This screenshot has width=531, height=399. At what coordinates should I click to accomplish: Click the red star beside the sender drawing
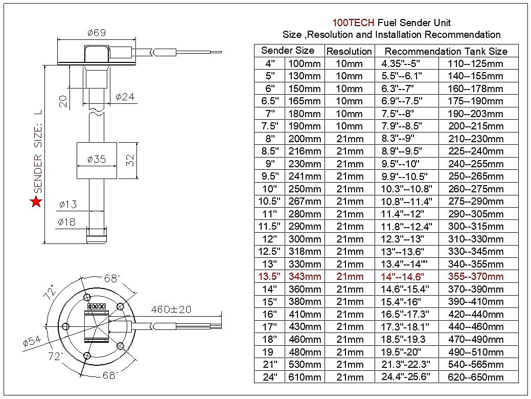[x=36, y=202]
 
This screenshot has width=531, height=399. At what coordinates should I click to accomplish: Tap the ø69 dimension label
[x=97, y=33]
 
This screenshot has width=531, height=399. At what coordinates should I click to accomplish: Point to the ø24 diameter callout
[x=125, y=97]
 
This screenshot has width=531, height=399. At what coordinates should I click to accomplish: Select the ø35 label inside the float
[x=96, y=159]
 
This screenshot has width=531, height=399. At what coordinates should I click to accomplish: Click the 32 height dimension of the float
[x=130, y=160]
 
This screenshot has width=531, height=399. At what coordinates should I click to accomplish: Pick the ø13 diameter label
[x=67, y=205]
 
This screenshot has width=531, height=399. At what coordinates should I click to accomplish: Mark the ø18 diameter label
[x=67, y=222]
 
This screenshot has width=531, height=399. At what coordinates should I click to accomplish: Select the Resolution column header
[x=349, y=51]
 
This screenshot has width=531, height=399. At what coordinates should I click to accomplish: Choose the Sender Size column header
[x=288, y=51]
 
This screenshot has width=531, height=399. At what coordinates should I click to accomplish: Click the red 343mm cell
[x=305, y=277]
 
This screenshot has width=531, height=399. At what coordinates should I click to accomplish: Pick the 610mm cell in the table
[x=305, y=377]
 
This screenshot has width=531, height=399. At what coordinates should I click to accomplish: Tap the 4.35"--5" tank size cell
[x=400, y=63]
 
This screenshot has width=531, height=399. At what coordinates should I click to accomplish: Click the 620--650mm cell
[x=475, y=377]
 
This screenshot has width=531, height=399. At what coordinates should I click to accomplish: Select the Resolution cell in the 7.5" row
[x=350, y=126]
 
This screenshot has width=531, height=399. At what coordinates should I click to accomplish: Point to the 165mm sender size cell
[x=305, y=101]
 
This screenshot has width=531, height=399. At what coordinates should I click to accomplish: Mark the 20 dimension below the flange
[x=63, y=100]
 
